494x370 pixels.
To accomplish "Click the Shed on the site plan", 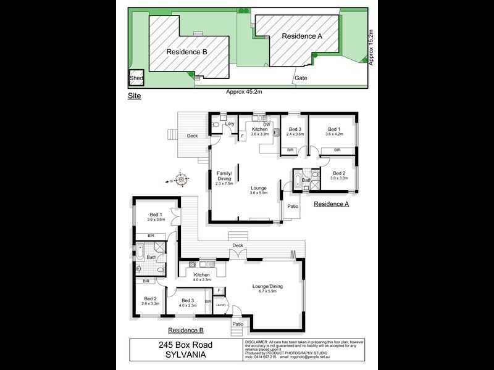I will coord(135,78).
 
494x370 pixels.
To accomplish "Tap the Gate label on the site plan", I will coord(301,78).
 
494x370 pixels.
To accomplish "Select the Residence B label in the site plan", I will coord(187,52).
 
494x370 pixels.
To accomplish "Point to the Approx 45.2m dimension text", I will coord(244,91).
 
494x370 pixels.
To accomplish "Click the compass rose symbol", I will coord(181,180).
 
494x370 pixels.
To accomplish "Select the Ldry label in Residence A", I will coord(230,124).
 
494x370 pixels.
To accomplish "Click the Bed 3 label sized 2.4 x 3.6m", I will coord(295,131).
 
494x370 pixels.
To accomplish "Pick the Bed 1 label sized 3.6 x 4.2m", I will coord(333,131).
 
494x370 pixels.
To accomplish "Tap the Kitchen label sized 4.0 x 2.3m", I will coord(202,277).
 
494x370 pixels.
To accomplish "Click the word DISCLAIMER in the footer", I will coord(256,341).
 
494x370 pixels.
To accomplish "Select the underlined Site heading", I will coord(134,96).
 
